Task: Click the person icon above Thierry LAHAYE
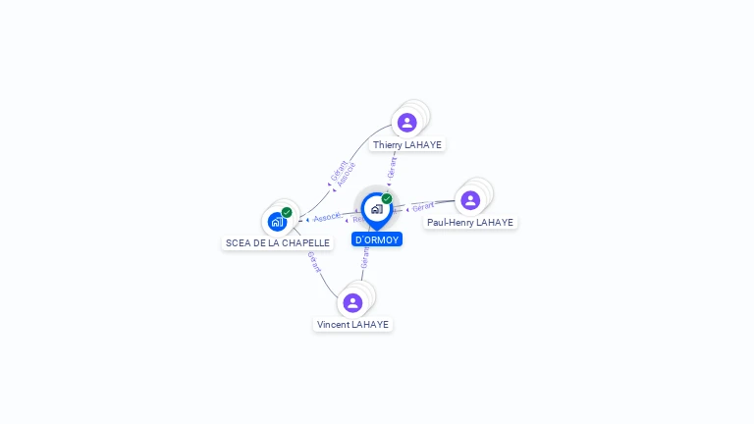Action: tap(406, 123)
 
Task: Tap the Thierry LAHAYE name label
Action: tap(407, 144)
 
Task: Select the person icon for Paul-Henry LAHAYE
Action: tap(470, 200)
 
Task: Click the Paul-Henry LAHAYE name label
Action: tap(470, 223)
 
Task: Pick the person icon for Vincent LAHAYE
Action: tap(352, 302)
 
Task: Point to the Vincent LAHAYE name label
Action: tap(352, 324)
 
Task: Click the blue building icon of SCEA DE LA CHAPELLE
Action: tap(277, 222)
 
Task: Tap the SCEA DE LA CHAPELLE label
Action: tap(278, 242)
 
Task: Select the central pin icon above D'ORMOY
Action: tap(376, 209)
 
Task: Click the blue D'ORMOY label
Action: tap(377, 239)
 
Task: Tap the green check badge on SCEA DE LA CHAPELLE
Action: tap(287, 212)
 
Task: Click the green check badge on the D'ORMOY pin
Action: tap(387, 199)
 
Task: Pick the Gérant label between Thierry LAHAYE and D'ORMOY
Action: tap(393, 167)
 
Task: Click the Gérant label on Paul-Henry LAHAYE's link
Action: tap(423, 207)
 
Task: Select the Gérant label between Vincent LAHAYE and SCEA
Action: tap(314, 262)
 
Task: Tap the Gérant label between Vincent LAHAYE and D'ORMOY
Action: tap(365, 258)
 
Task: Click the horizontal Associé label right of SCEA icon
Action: tap(327, 217)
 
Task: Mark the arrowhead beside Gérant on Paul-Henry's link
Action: tap(407, 209)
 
